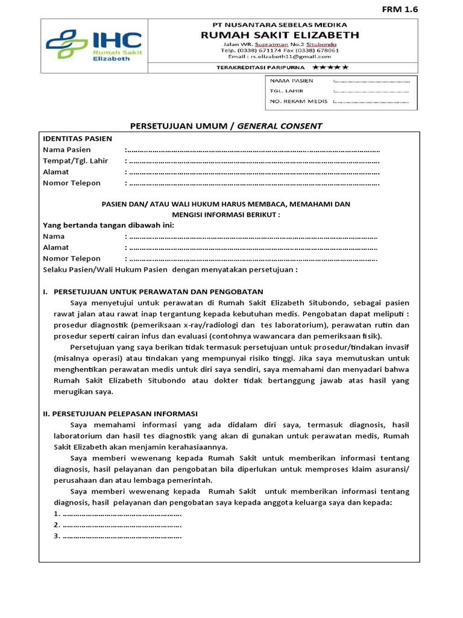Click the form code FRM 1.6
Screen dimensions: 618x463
(400, 9)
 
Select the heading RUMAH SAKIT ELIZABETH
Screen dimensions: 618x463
(280, 35)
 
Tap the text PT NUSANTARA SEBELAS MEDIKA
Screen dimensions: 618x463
(280, 25)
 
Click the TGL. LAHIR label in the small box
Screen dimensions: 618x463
(286, 91)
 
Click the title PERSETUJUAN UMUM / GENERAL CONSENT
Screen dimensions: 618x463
(226, 126)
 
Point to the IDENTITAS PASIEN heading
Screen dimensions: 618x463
(77, 139)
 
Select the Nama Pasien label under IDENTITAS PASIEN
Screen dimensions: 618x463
(67, 150)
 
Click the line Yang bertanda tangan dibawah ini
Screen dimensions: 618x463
(109, 225)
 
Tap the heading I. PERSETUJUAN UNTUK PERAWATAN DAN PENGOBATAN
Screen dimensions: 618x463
(153, 291)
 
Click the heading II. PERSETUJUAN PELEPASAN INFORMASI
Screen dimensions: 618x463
(120, 413)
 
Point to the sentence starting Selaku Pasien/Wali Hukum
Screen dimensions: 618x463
(170, 269)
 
